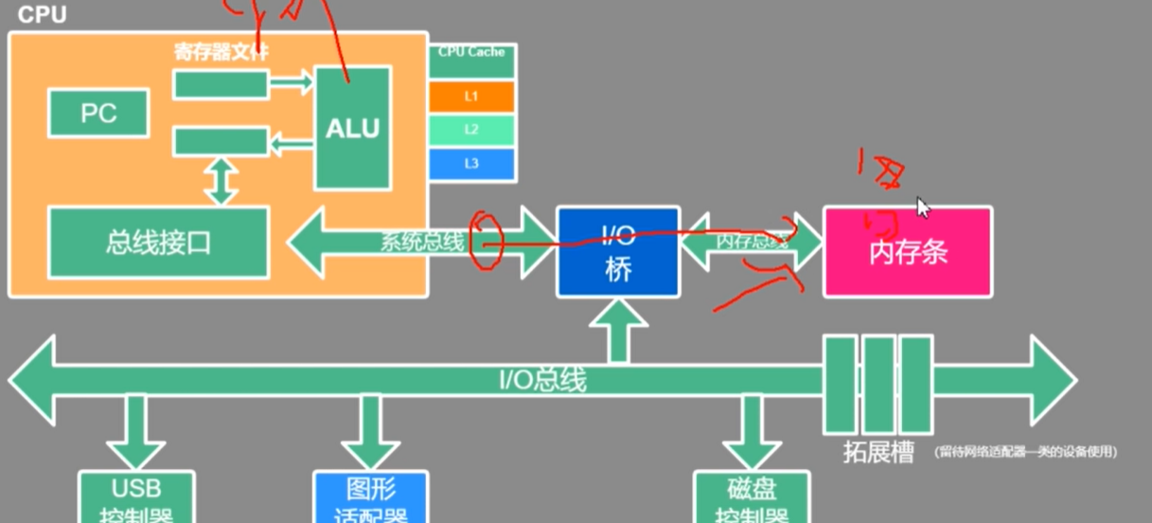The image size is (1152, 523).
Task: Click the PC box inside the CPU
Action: [98, 114]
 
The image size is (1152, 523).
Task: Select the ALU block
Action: [352, 128]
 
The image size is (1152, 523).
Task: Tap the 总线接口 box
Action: [158, 243]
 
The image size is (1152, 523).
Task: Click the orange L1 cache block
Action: [471, 97]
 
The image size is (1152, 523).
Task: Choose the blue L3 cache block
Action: [471, 163]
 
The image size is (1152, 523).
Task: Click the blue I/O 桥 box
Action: [617, 250]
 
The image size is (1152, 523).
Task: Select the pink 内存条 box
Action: [908, 252]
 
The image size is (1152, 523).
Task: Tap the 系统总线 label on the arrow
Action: [423, 243]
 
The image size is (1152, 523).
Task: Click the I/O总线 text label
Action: [542, 381]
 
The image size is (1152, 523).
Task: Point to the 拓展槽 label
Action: [878, 452]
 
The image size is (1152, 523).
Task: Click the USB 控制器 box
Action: [136, 498]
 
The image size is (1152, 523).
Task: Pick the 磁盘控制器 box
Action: [752, 498]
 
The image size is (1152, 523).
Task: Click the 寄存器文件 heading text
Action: [222, 51]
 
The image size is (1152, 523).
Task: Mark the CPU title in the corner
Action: [43, 15]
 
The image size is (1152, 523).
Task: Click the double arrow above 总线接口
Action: [222, 181]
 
